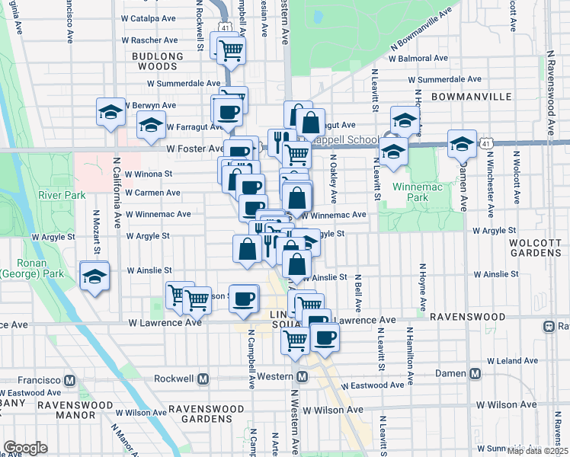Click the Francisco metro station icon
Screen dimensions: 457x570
70,379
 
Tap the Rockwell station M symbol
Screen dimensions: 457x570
203,379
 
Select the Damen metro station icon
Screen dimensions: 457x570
476,374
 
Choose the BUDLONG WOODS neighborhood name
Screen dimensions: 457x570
158,62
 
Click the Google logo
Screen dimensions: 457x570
25,448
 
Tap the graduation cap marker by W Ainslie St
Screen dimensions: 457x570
94,276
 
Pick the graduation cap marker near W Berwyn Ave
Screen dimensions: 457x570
111,112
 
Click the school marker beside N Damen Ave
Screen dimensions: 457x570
462,142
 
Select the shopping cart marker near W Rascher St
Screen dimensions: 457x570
231,50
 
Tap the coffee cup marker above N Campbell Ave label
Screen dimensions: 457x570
243,300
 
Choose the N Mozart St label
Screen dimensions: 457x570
98,233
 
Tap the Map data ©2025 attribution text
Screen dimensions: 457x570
536,451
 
